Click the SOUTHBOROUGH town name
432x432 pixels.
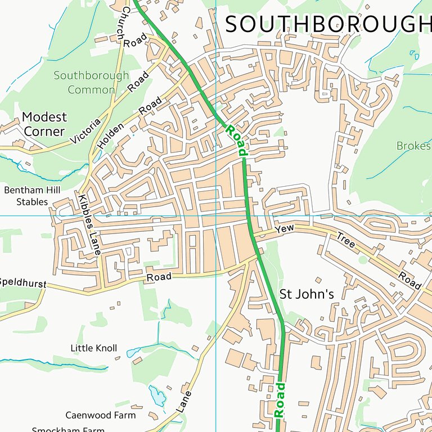(x=328, y=25)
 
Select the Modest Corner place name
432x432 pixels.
(x=44, y=124)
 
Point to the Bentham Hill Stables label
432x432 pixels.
(x=32, y=196)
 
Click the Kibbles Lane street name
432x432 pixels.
(x=88, y=226)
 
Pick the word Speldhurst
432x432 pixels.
(x=22, y=282)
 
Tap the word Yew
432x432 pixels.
(x=285, y=229)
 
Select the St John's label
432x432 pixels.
(x=307, y=294)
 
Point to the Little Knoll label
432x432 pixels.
(x=94, y=348)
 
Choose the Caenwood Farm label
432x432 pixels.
(x=101, y=415)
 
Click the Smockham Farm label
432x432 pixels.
(x=68, y=429)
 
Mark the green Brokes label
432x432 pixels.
(x=413, y=146)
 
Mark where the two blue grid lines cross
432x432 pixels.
(x=216, y=215)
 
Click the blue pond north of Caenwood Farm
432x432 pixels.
(x=157, y=397)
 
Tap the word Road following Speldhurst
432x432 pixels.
(x=159, y=277)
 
